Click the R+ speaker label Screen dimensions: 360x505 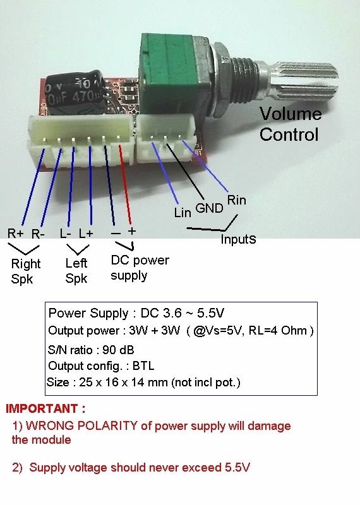pyautogui.click(x=15, y=233)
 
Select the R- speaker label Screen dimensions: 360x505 pyautogui.click(x=38, y=234)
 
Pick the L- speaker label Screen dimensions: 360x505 pyautogui.click(x=66, y=233)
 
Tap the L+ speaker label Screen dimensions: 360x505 pyautogui.click(x=86, y=233)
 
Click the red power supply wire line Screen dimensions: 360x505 pyautogui.click(x=125, y=184)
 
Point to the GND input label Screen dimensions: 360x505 pyautogui.click(x=210, y=208)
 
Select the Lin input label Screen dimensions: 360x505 pyautogui.click(x=183, y=213)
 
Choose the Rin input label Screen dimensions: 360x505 pyautogui.click(x=237, y=200)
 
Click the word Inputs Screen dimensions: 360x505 pyautogui.click(x=238, y=239)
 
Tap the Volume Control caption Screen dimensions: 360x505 pyautogui.click(x=291, y=124)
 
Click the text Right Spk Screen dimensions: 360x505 pyautogui.click(x=26, y=271)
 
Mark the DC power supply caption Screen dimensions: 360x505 pyautogui.click(x=140, y=268)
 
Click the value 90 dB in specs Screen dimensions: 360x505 pyautogui.click(x=118, y=350)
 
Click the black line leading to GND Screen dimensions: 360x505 pyautogui.click(x=185, y=171)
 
